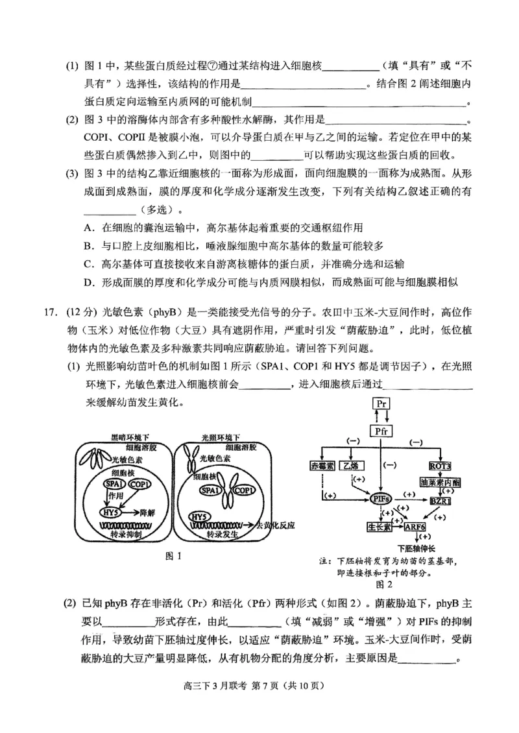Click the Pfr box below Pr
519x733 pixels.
[381, 430]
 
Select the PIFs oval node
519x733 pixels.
[381, 498]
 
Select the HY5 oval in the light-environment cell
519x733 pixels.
[200, 516]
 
